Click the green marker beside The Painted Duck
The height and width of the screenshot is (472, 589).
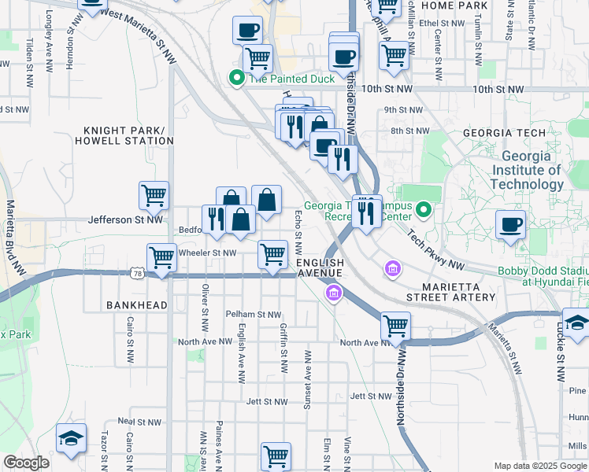pyautogui.click(x=235, y=78)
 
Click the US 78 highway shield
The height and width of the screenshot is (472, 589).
pyautogui.click(x=138, y=273)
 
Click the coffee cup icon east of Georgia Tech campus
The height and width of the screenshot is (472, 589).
pyautogui.click(x=510, y=223)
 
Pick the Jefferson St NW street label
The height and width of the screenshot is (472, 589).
pyautogui.click(x=125, y=220)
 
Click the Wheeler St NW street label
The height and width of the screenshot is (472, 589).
pyautogui.click(x=208, y=253)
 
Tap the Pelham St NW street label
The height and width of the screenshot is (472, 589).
pyautogui.click(x=254, y=314)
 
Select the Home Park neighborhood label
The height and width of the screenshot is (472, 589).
pyautogui.click(x=455, y=6)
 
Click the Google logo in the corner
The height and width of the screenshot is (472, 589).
pyautogui.click(x=27, y=463)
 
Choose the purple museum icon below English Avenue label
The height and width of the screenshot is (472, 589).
pyautogui.click(x=334, y=293)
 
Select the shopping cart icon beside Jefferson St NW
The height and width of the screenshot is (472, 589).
pyautogui.click(x=154, y=195)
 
